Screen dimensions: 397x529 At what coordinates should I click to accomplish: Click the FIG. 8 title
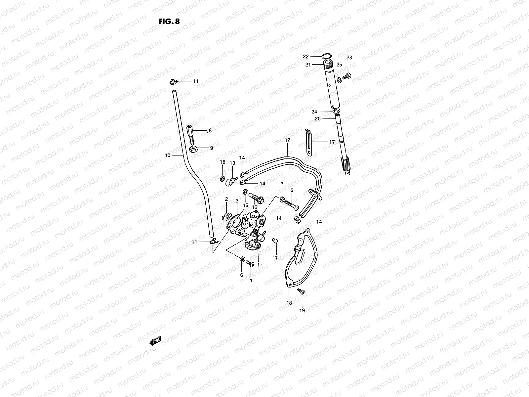coord(169,22)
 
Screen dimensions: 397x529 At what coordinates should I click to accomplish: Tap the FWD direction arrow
coord(155,341)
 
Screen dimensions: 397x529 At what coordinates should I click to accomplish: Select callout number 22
coord(306,56)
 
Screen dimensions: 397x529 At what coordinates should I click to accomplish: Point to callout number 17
coord(332,142)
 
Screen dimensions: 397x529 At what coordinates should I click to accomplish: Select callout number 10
coord(167,155)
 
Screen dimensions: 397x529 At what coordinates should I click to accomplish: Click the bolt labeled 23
coord(347,75)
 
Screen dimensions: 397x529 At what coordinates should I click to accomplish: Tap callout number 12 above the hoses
coord(287,140)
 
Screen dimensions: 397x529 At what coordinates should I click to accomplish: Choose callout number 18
coord(289,303)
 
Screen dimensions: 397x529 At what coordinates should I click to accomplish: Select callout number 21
coord(308,65)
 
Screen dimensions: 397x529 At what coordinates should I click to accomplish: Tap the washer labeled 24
coord(336,110)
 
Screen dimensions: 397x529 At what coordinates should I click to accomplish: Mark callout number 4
coord(251,280)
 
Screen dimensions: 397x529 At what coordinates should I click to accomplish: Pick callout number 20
coord(317,118)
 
